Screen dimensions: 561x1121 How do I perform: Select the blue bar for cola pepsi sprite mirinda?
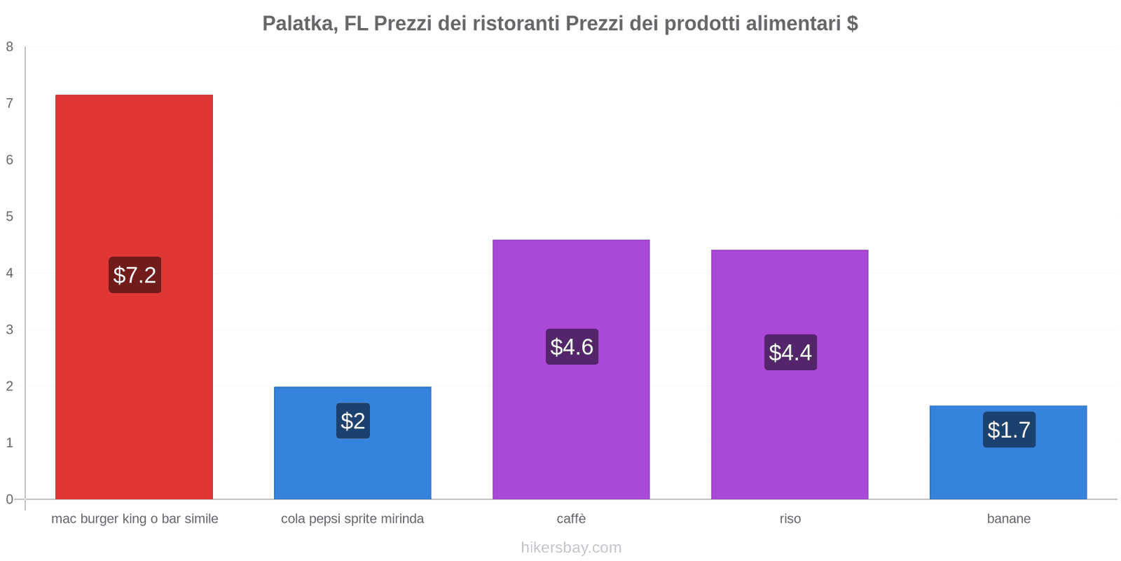352,463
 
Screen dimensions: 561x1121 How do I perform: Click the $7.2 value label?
135,275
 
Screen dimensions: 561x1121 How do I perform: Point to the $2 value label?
352,421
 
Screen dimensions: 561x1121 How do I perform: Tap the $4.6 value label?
572,347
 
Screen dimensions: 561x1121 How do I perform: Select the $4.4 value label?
790,352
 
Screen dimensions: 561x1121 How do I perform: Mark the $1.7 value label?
1009,430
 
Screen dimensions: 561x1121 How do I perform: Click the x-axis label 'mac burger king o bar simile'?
135,519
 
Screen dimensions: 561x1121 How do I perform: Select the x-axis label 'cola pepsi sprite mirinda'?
352,519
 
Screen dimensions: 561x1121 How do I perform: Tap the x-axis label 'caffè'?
571,519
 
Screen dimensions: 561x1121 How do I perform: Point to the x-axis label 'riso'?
790,519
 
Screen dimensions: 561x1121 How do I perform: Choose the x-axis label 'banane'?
1008,519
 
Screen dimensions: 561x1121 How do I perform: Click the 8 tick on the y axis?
10,47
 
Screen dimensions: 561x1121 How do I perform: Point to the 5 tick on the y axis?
10,217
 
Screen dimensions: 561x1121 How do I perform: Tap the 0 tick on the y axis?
10,499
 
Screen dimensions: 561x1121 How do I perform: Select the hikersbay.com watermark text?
571,548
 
